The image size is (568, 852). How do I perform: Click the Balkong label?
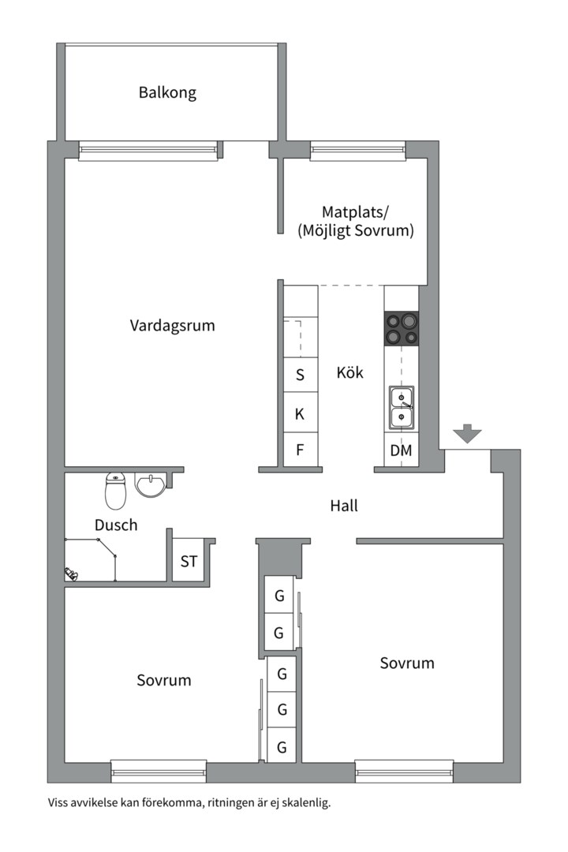(x=167, y=92)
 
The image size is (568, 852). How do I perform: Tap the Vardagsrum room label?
(x=172, y=325)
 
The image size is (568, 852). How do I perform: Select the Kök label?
(x=349, y=372)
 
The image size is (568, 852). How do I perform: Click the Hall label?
(x=343, y=506)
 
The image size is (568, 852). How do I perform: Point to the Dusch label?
(x=116, y=525)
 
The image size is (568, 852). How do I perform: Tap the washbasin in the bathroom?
(x=150, y=484)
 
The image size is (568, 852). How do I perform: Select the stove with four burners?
(x=401, y=330)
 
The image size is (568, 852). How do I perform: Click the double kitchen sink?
(x=402, y=406)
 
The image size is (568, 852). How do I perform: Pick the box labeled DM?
(x=401, y=451)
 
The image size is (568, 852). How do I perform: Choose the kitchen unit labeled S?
(x=300, y=375)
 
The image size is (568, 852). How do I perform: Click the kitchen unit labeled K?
(x=300, y=413)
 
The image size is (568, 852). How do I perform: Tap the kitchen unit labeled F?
(x=300, y=450)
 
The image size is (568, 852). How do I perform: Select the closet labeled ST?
(x=189, y=562)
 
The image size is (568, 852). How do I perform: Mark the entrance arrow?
(x=467, y=433)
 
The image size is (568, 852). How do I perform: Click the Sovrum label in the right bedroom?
(x=407, y=663)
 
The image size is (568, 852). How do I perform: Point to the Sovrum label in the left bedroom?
(x=163, y=680)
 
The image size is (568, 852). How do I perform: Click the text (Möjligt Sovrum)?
(x=356, y=231)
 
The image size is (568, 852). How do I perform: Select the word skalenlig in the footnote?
(x=303, y=804)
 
